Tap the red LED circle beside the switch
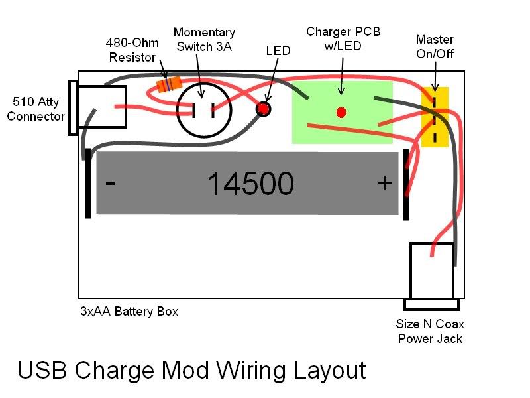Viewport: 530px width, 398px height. (x=264, y=108)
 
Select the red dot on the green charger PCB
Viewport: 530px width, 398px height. (x=341, y=112)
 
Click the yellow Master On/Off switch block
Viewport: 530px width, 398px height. (x=435, y=117)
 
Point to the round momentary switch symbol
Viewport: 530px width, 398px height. (x=204, y=110)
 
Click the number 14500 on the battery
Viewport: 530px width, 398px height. (x=250, y=184)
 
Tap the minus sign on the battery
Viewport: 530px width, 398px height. (x=111, y=182)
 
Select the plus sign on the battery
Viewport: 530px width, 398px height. (x=384, y=183)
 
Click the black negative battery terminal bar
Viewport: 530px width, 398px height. (x=87, y=183)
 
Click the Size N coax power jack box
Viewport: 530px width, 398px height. (x=431, y=271)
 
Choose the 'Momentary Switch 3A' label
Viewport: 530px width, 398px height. (x=203, y=39)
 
